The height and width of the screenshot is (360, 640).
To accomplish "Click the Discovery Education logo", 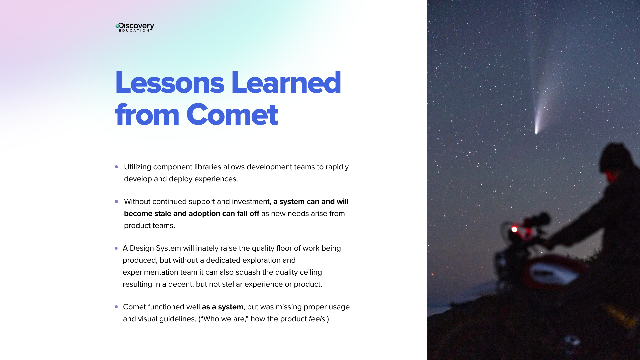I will [135, 27].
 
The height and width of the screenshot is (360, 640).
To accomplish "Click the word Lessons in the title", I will [170, 82].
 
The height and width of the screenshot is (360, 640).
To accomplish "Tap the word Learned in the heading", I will [286, 82].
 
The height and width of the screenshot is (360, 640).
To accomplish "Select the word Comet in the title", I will [232, 115].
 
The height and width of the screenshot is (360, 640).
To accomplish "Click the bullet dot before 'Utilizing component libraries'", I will [116, 167].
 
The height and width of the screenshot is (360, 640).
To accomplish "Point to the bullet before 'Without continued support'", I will [116, 201].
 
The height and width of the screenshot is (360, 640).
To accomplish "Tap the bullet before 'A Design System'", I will [116, 248].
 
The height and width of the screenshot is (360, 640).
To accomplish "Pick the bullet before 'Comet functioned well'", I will [116, 307].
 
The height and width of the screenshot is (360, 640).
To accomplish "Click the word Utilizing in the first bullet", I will [137, 167].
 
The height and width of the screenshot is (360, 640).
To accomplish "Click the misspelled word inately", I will [206, 248].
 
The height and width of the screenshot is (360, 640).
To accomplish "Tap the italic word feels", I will [317, 319].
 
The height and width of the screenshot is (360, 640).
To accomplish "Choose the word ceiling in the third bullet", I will [311, 272].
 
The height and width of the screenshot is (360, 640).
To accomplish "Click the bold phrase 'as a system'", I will [222, 307].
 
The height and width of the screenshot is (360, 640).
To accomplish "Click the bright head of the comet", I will [536, 131].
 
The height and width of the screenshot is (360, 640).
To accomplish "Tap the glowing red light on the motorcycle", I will [514, 229].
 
